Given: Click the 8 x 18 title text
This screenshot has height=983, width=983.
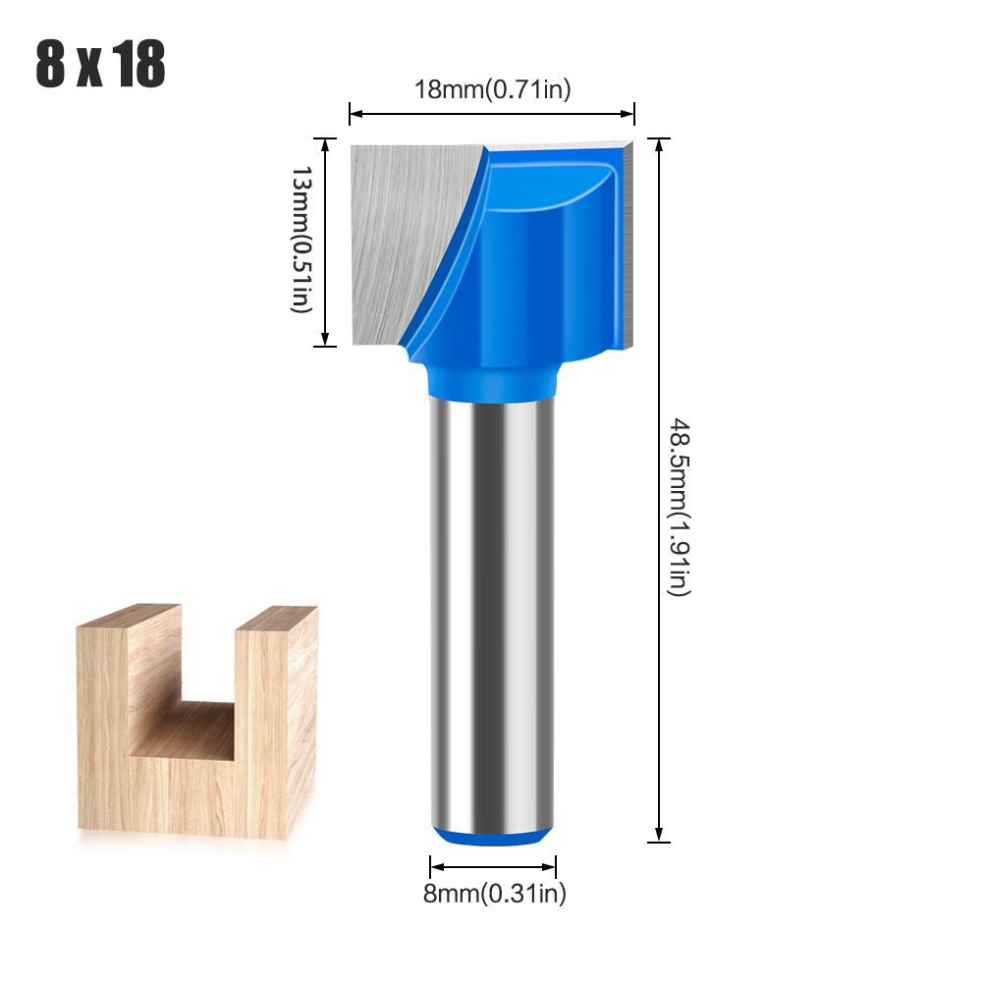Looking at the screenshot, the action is click(x=100, y=63).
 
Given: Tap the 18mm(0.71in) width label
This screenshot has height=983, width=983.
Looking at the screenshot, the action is click(x=493, y=89).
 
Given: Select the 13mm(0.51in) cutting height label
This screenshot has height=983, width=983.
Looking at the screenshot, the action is click(x=301, y=240).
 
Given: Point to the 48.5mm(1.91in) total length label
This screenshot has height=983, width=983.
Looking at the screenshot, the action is click(x=679, y=507).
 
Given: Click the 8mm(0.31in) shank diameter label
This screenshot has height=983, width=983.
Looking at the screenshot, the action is click(x=495, y=893).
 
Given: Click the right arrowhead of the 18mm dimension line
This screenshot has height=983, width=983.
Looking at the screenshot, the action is click(x=627, y=114).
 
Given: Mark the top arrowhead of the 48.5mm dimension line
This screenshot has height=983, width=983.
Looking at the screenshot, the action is click(x=659, y=145).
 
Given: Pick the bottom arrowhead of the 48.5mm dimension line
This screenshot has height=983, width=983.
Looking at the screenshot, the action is click(x=659, y=835).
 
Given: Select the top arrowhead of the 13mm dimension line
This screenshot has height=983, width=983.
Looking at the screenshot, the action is click(x=325, y=145).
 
